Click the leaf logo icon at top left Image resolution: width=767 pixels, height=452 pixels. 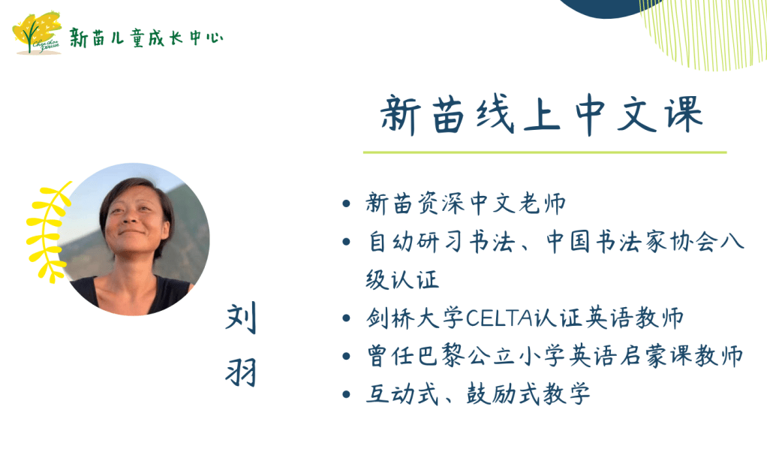click(x=38, y=32)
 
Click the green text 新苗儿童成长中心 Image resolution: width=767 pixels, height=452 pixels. click(x=146, y=38)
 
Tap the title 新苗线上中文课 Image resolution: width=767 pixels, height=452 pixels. click(x=542, y=115)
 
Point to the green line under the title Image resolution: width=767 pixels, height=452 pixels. click(x=544, y=152)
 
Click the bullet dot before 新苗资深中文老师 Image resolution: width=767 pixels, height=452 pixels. click(x=346, y=203)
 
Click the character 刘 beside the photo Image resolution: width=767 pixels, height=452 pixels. click(x=241, y=318)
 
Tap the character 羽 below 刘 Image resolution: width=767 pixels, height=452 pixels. click(x=241, y=372)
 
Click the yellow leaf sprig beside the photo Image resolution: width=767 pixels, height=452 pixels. click(x=48, y=232)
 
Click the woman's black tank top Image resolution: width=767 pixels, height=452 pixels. click(x=132, y=296)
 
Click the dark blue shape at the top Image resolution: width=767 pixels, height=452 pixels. click(x=606, y=8)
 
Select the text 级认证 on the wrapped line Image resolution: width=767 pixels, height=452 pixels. click(x=402, y=280)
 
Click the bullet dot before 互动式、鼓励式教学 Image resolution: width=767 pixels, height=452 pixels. click(x=346, y=394)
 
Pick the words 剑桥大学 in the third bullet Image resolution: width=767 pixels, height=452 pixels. click(x=415, y=318)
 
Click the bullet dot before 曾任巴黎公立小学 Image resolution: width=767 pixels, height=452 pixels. click(x=346, y=356)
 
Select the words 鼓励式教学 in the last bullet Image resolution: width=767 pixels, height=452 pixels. click(x=528, y=393)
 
